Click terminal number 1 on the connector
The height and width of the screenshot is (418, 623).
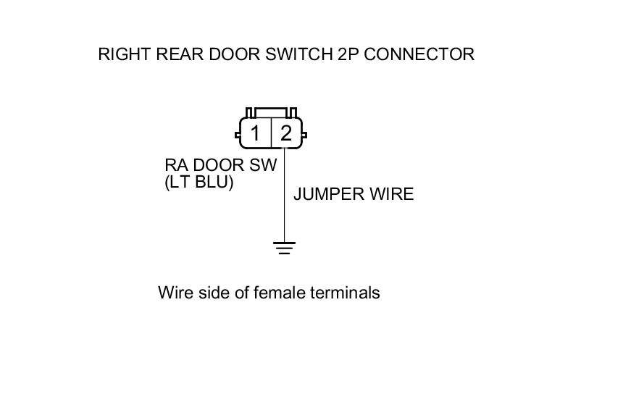pos(255,133)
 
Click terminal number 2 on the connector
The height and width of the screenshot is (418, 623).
pos(286,133)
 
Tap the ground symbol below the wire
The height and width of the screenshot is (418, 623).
pos(284,248)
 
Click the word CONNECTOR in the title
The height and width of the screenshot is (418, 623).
pos(419,54)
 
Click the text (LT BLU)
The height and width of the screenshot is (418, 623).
pos(199,183)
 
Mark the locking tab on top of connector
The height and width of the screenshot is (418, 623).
pos(272,112)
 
